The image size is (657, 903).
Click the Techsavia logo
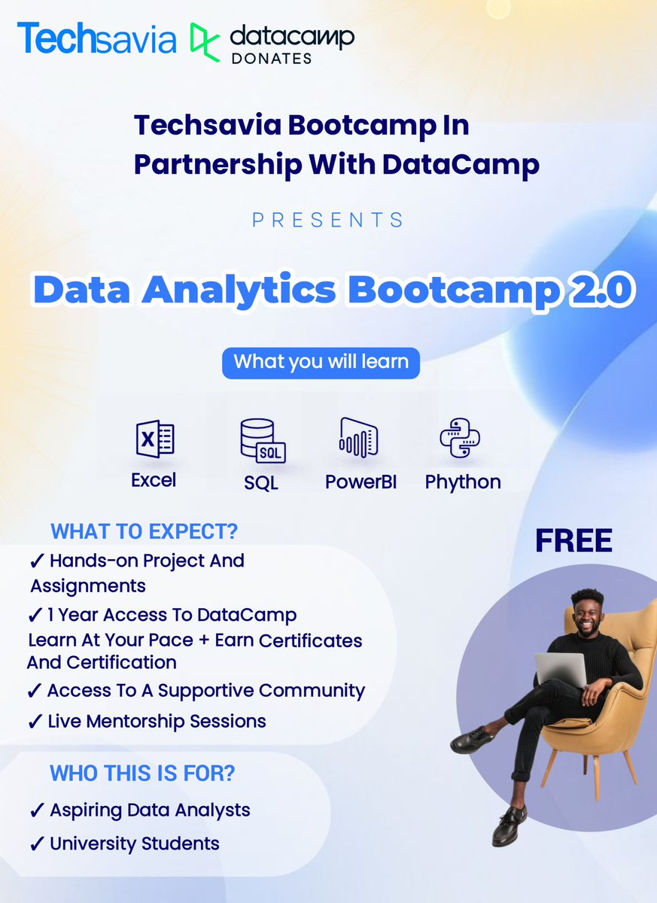[x=96, y=39]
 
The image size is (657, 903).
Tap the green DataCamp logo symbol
[x=204, y=41]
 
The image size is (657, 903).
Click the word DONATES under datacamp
[x=270, y=59]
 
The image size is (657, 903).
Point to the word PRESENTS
[x=328, y=220]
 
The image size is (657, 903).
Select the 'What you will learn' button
[x=321, y=362]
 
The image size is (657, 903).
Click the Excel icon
[x=154, y=439]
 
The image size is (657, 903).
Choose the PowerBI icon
[x=358, y=439]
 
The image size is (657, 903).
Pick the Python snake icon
[x=460, y=438]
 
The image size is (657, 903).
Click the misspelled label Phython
[x=463, y=482]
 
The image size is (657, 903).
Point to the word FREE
[x=573, y=541]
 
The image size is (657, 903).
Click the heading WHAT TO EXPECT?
[x=144, y=531]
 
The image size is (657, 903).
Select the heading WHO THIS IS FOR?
[x=142, y=773]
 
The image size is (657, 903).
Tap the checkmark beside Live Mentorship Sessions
[x=35, y=722]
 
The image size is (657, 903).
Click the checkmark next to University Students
[x=37, y=844]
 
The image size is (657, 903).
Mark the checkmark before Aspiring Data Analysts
[x=37, y=811]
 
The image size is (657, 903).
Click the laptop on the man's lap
[x=561, y=669]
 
